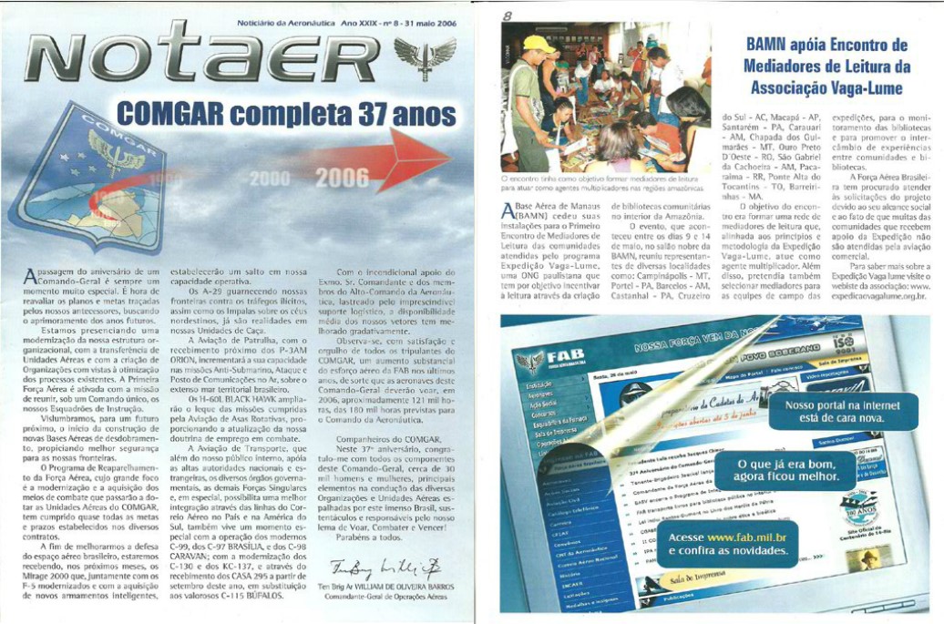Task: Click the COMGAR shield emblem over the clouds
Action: tap(87, 178)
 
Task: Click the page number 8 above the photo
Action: tap(508, 15)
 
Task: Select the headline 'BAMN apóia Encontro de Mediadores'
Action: tap(826, 66)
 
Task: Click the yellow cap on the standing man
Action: tap(537, 45)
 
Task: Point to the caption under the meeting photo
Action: tap(604, 184)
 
